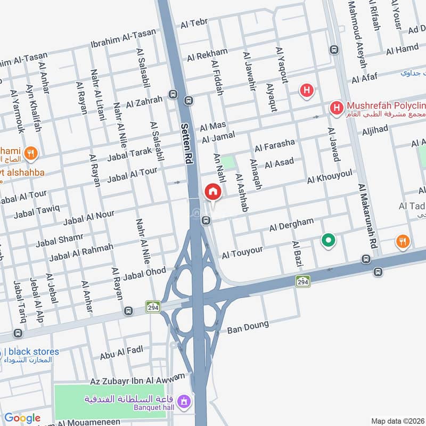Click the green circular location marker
pos(329,241)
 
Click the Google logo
pos(22,418)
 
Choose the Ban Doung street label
pos(248,326)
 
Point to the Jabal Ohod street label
pos(145,273)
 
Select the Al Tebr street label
pos(194,23)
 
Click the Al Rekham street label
pos(207,54)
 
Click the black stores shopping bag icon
pos(1,352)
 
